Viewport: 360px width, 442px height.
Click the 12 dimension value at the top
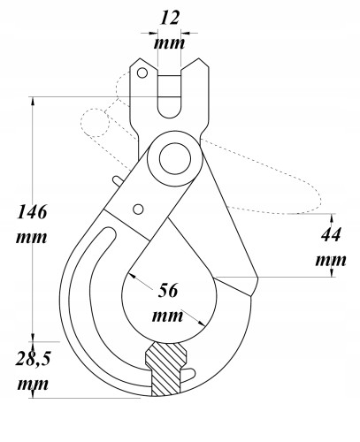coord(170,19)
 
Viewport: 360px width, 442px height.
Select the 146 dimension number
coord(32,211)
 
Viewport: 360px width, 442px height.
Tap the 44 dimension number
coord(331,234)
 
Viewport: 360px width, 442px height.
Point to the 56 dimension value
coord(168,291)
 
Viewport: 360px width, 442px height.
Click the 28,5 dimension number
coord(34,359)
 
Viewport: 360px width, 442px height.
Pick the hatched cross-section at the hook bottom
coord(165,370)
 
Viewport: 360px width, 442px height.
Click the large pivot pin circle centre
coord(175,158)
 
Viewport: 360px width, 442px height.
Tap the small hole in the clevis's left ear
coord(142,72)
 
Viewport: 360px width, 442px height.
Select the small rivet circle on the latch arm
coord(138,209)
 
